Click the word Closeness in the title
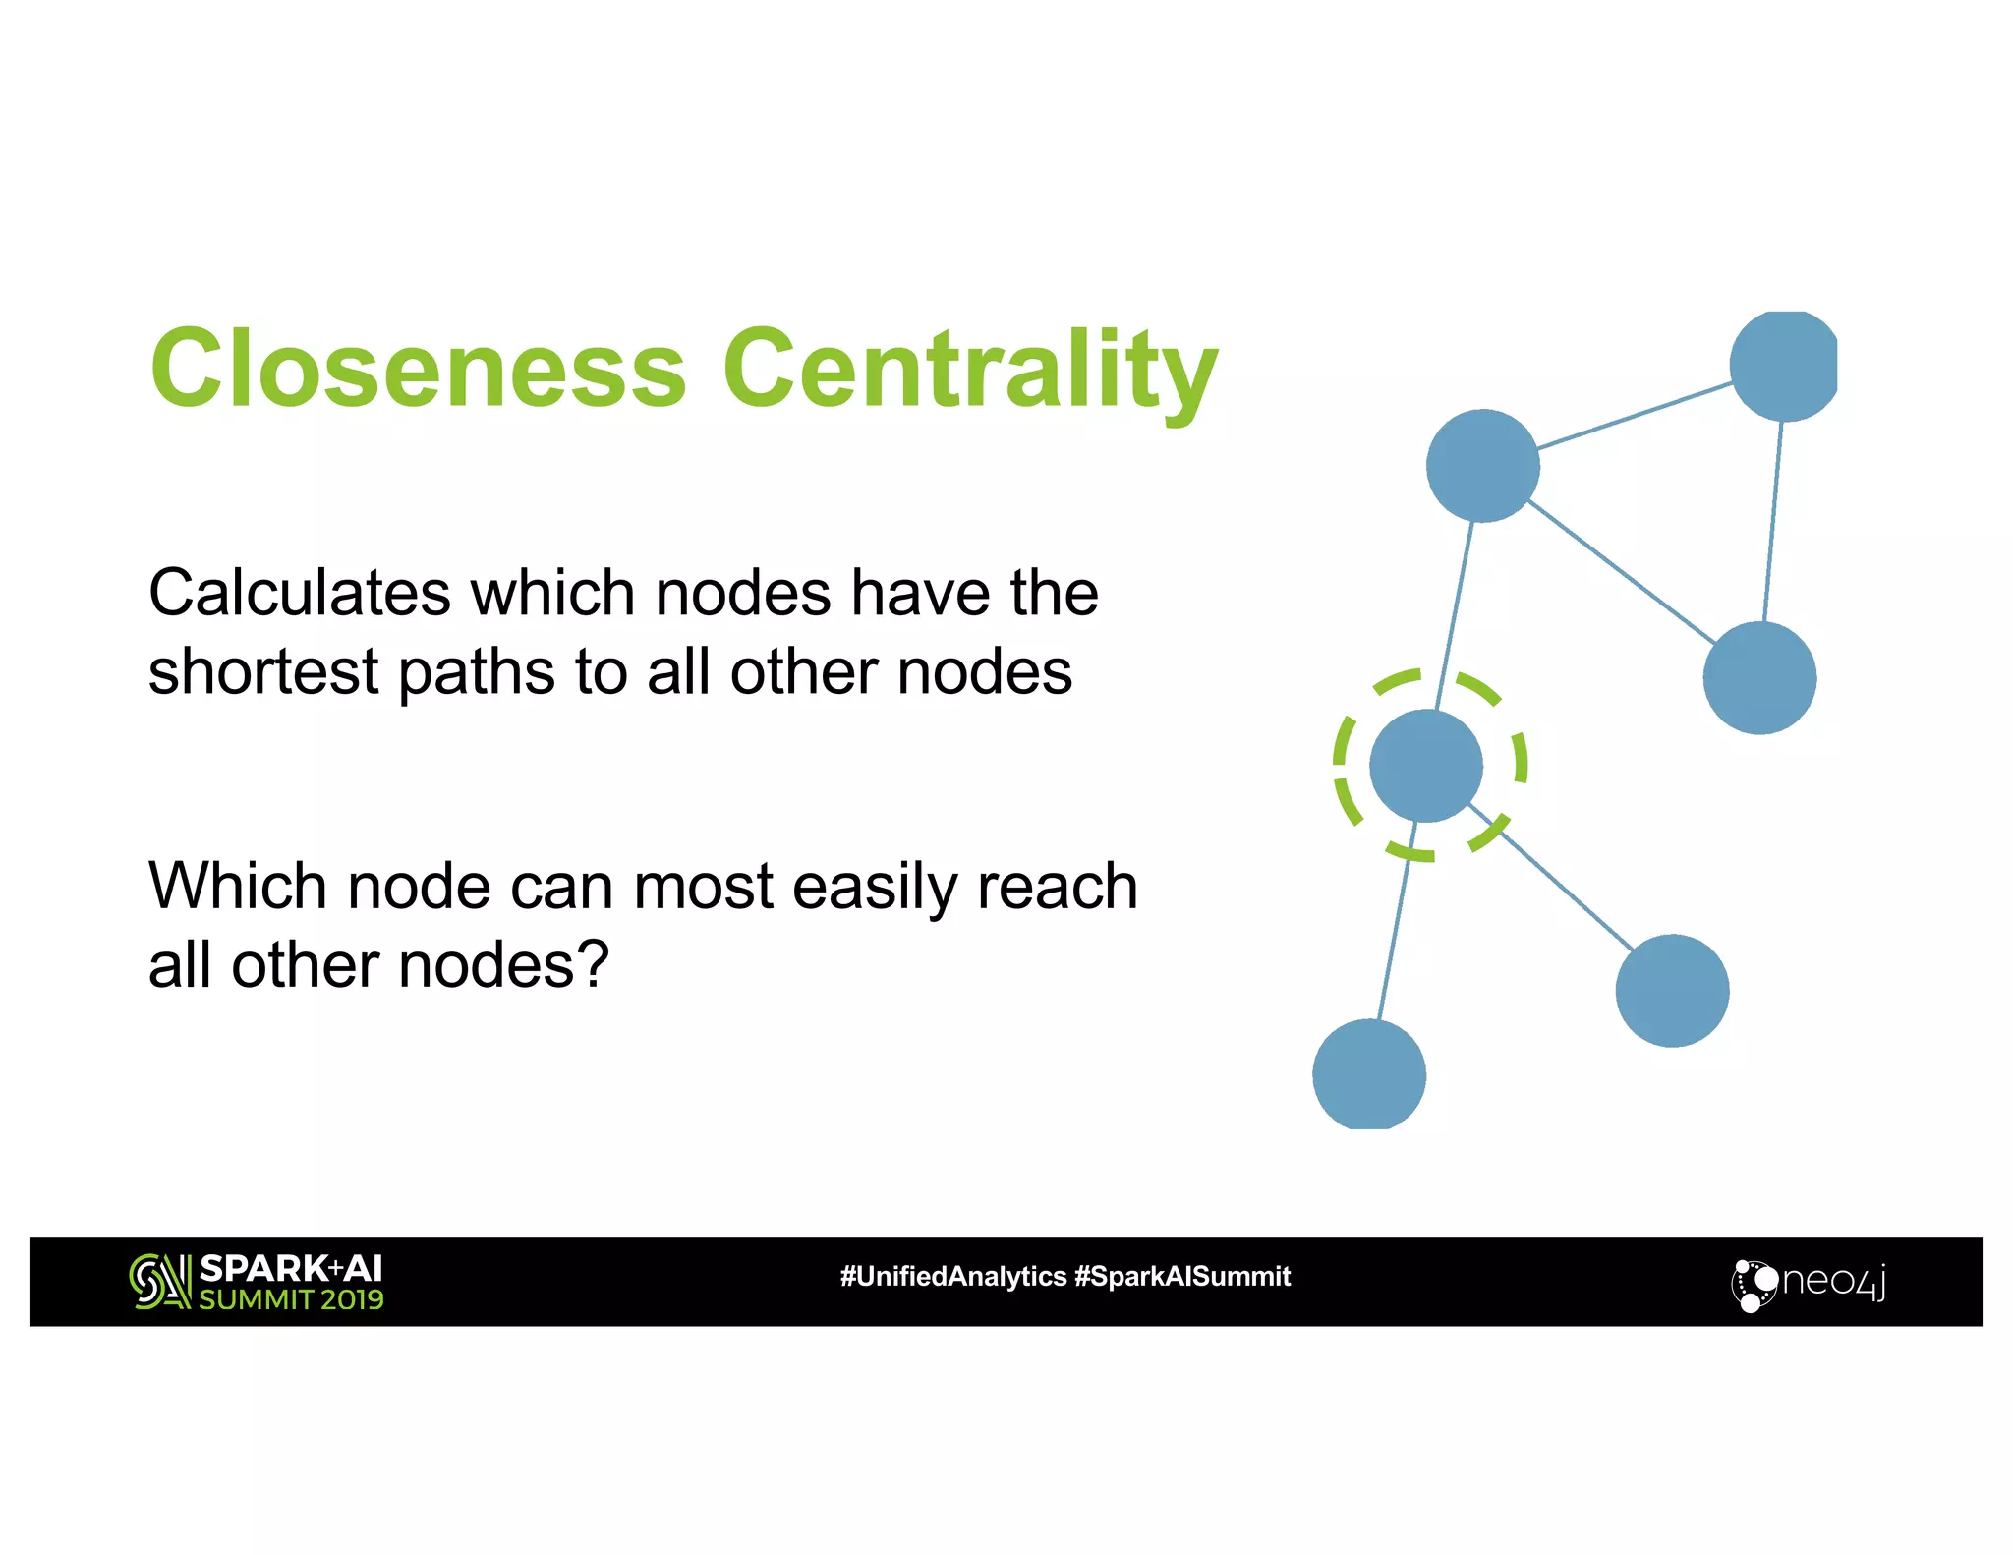tap(418, 369)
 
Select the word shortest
tap(262, 672)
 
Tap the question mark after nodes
tap(593, 964)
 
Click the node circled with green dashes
tap(1425, 766)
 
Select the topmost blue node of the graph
tap(1783, 366)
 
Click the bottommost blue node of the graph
tap(1369, 1074)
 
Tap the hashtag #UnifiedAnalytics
tap(952, 1277)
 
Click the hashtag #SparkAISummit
tap(1182, 1277)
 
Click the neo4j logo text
tap(1834, 1282)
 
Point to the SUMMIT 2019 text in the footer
tap(291, 1299)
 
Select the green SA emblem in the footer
tap(159, 1282)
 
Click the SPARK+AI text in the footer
tap(291, 1268)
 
